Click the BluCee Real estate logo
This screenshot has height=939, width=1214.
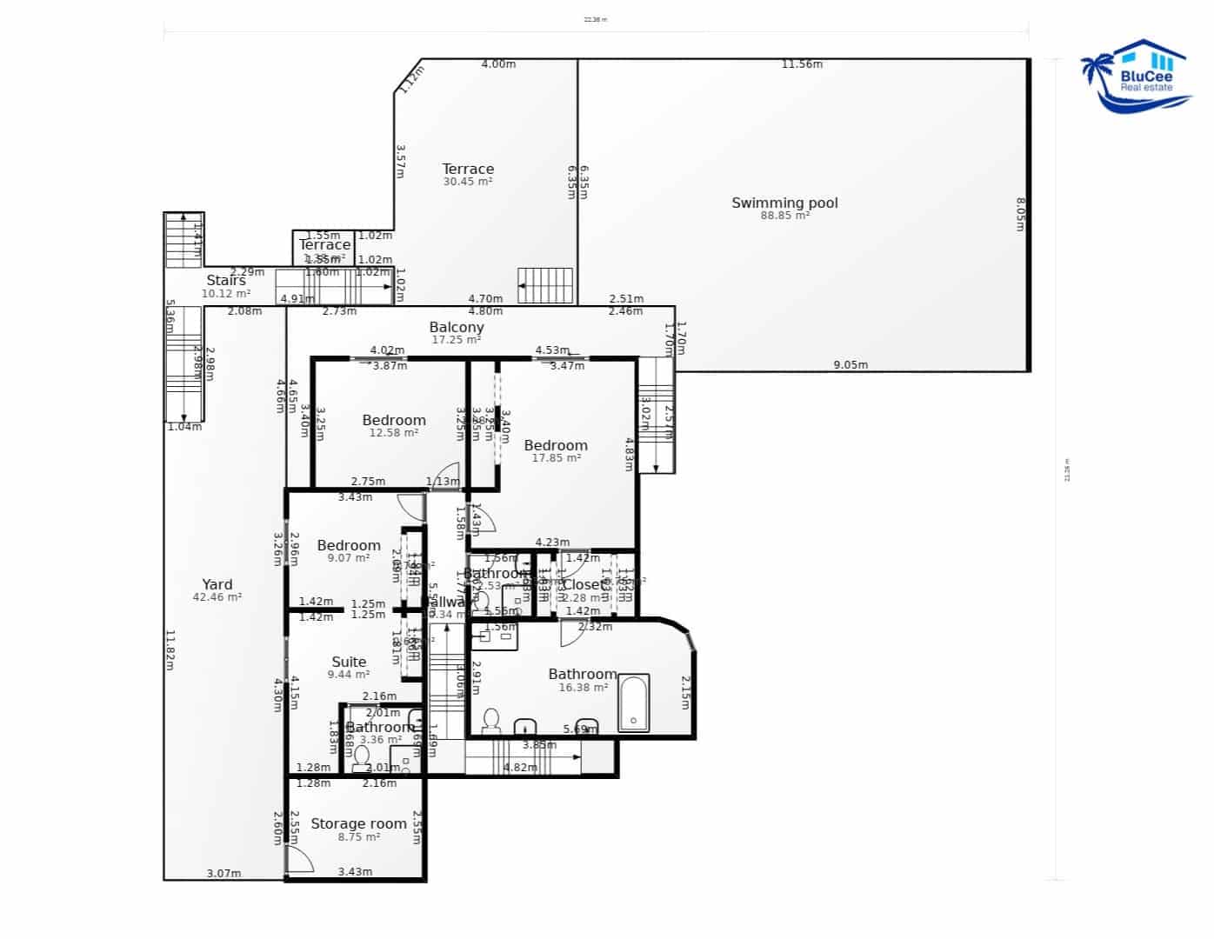1135,76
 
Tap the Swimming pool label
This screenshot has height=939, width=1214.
784,203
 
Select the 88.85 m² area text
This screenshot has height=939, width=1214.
784,216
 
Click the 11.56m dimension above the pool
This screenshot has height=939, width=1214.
802,63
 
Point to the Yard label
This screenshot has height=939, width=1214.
217,584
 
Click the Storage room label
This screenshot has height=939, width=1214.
358,823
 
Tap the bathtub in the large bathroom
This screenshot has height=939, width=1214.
633,703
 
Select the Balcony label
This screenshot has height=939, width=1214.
457,327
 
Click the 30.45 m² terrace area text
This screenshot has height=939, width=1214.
468,182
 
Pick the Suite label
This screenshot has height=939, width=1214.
349,662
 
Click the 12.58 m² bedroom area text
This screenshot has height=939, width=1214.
394,433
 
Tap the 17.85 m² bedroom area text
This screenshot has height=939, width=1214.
556,458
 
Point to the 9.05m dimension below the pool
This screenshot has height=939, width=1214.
850,365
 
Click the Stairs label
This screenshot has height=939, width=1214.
226,280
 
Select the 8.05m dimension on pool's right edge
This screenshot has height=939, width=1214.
1021,214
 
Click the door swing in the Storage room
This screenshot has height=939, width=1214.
300,859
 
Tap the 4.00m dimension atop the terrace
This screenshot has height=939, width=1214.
498,63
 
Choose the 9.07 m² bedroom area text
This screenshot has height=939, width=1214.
349,558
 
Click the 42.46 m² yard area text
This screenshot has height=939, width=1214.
217,597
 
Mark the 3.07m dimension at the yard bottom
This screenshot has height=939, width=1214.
223,873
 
